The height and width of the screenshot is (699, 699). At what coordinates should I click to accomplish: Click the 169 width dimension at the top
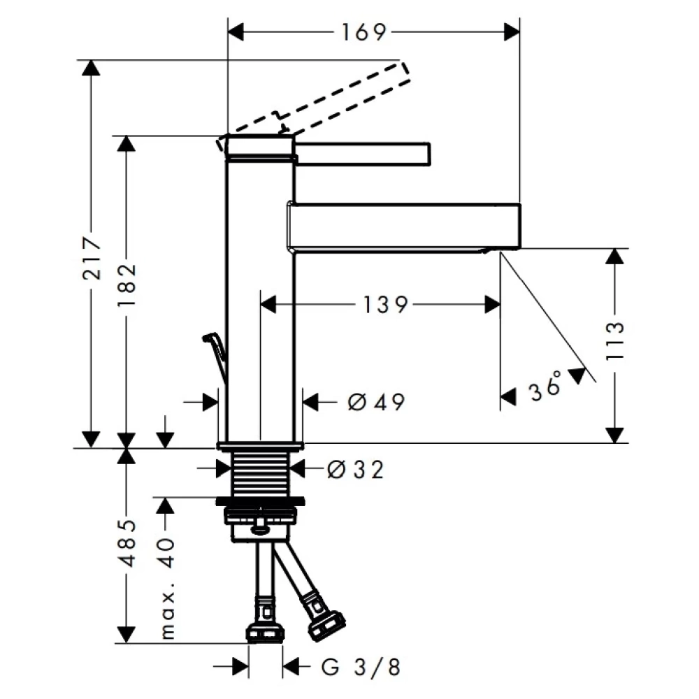click(x=364, y=32)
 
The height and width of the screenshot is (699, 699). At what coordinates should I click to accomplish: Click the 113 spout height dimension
click(x=614, y=340)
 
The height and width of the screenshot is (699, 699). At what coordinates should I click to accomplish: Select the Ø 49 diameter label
click(x=375, y=402)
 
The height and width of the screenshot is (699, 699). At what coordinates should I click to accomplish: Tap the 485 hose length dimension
click(x=127, y=543)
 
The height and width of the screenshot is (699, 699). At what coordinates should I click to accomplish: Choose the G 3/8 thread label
click(x=362, y=668)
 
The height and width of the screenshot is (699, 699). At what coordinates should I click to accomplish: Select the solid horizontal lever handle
click(x=363, y=152)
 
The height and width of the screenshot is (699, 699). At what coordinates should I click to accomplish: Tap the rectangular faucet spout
click(x=405, y=224)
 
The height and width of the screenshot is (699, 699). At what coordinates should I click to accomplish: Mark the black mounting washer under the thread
click(x=261, y=500)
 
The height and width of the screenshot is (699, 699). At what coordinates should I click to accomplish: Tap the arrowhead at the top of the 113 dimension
click(x=614, y=256)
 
